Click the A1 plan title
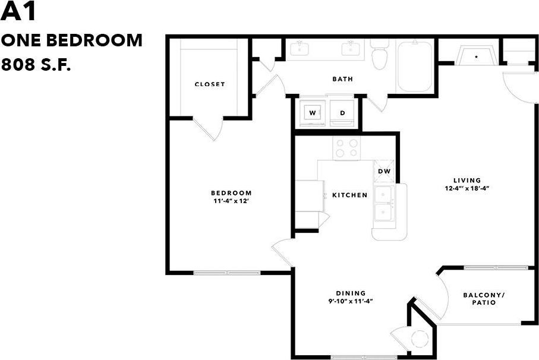point(20,12)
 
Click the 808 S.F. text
point(37,65)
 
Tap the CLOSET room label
point(210,84)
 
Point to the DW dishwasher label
point(384,172)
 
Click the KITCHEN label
point(349,195)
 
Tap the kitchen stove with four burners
point(346,148)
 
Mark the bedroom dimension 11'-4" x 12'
point(231,201)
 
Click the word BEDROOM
point(231,192)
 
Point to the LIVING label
point(466,181)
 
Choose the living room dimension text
point(466,188)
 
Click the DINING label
point(351,293)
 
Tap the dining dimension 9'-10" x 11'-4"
point(351,301)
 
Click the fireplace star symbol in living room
point(476,57)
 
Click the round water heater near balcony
point(420,339)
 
